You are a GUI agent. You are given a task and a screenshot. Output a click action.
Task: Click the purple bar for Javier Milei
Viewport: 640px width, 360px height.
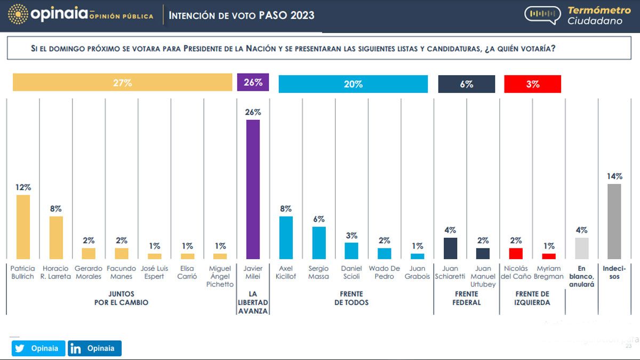(253, 189)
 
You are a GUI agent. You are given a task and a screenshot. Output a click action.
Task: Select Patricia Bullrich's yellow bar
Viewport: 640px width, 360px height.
(23, 227)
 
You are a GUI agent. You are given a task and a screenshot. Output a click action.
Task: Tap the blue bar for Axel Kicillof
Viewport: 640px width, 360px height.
(286, 237)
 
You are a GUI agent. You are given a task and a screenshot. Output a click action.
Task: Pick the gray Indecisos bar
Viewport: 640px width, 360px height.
(614, 221)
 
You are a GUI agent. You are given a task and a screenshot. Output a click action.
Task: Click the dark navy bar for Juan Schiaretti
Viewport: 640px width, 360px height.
(450, 248)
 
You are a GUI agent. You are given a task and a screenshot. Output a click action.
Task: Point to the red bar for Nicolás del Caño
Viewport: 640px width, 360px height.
(516, 253)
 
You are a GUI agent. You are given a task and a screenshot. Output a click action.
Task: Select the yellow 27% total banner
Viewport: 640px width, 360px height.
(122, 83)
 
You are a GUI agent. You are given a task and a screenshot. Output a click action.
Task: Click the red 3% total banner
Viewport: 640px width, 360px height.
(532, 84)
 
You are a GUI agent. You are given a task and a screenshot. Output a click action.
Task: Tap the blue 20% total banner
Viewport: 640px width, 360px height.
(353, 84)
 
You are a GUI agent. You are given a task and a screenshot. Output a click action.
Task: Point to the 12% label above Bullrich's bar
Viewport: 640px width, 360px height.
(23, 187)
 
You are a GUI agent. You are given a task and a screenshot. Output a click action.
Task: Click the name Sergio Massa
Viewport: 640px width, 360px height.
(319, 273)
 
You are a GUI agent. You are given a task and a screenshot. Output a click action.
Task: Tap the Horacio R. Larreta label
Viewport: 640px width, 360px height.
(56, 273)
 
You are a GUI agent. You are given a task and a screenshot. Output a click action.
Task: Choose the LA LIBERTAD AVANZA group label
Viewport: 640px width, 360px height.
(253, 302)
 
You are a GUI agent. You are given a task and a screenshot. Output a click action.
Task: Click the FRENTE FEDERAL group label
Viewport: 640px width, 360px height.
(467, 298)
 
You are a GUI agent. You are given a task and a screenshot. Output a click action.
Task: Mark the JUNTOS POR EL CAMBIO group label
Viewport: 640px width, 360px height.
(122, 298)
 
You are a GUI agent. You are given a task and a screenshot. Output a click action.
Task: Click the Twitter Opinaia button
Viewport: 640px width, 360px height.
(38, 348)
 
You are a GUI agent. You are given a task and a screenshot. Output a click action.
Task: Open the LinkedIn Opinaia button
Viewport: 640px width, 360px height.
(94, 348)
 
